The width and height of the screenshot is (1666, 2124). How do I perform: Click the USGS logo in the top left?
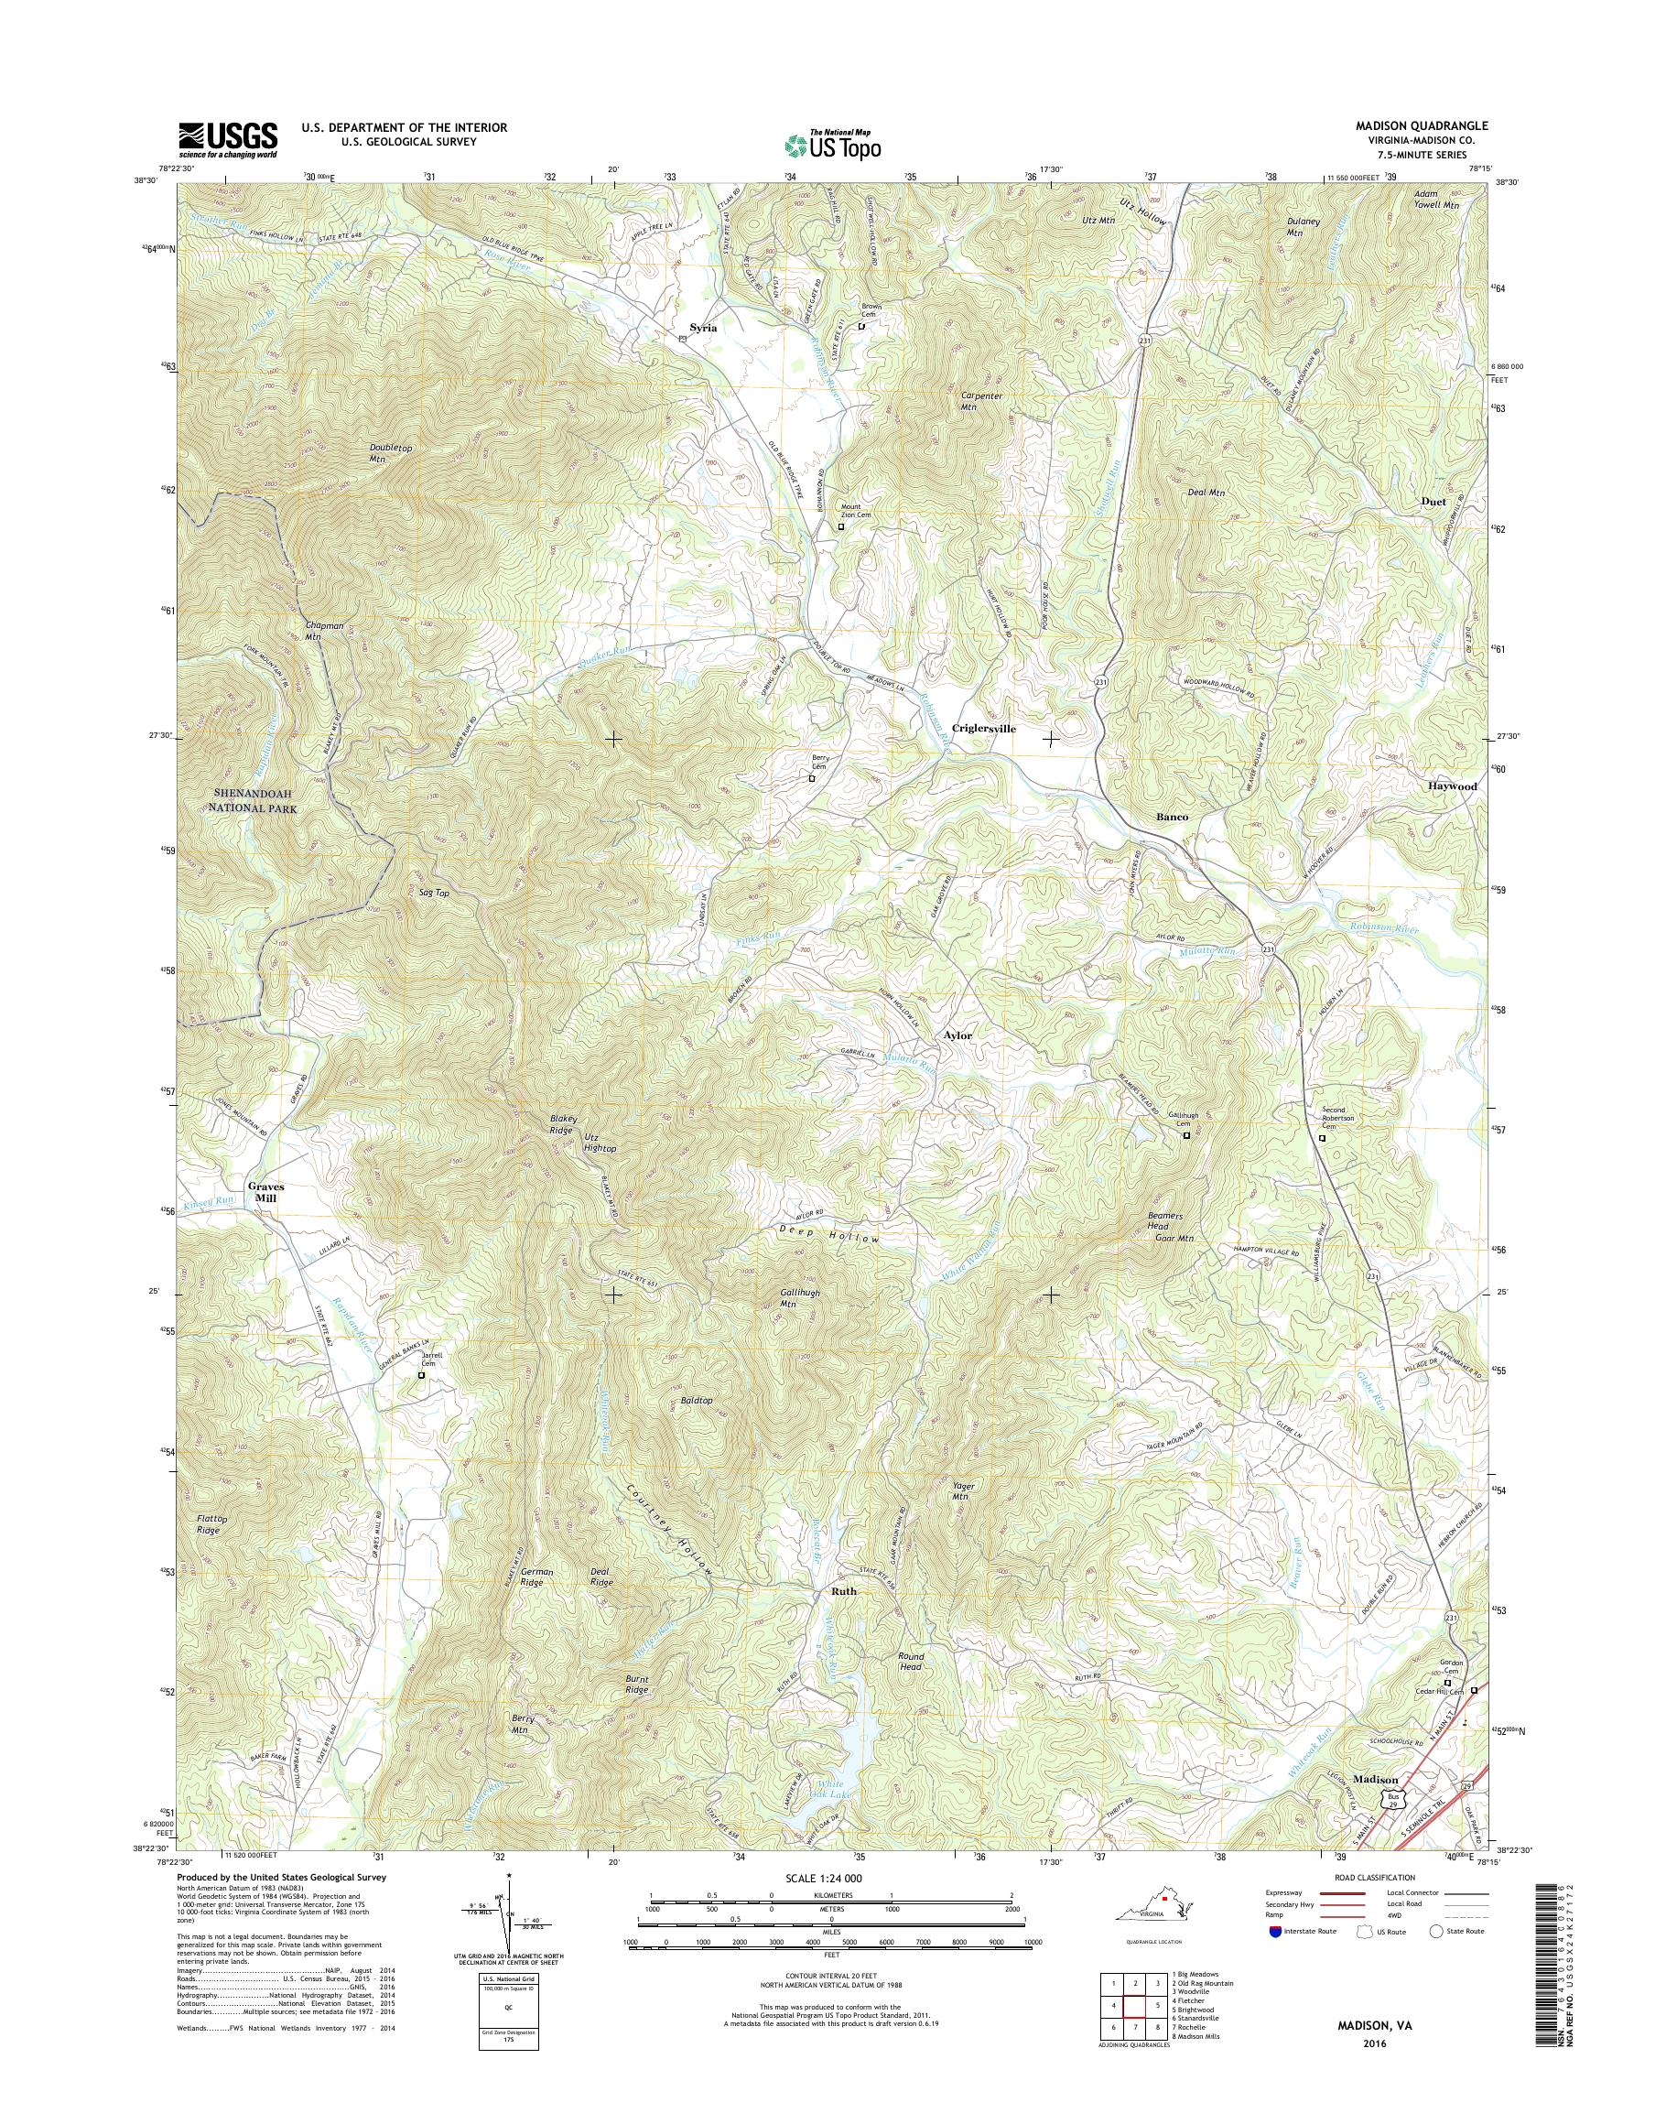click(x=227, y=140)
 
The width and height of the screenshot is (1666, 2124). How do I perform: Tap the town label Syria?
click(x=702, y=328)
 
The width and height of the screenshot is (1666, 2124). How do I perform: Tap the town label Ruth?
click(x=843, y=1590)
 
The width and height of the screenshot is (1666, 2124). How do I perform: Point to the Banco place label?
click(x=1172, y=817)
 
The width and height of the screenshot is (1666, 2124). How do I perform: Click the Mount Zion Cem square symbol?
click(x=842, y=526)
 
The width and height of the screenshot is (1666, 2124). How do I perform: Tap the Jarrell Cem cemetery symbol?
click(x=421, y=1375)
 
